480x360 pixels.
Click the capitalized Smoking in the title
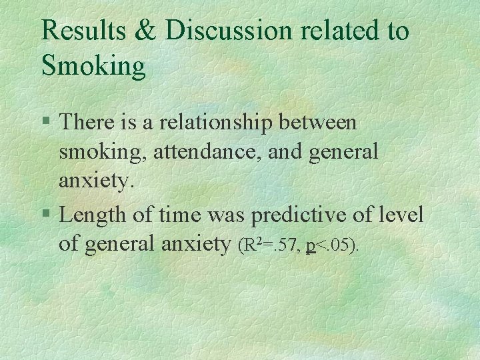[x=93, y=66]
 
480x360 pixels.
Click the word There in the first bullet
[x=83, y=123]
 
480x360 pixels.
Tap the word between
[x=319, y=123]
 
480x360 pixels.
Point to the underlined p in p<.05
[x=311, y=246]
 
